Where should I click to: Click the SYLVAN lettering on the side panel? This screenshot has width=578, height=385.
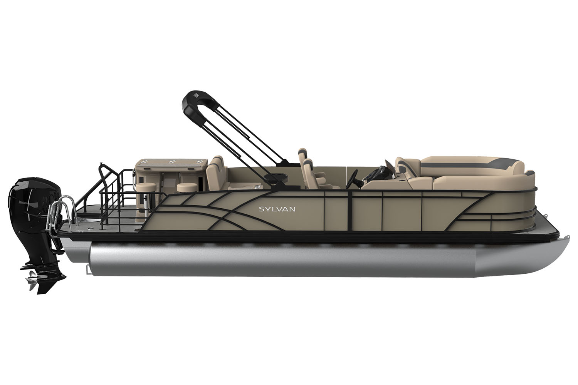pos(277,209)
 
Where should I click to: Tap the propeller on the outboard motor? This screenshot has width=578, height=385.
pos(31,281)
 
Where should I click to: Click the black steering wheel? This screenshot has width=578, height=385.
pos(351,179)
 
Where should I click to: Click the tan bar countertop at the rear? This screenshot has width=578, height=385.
pos(171,164)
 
